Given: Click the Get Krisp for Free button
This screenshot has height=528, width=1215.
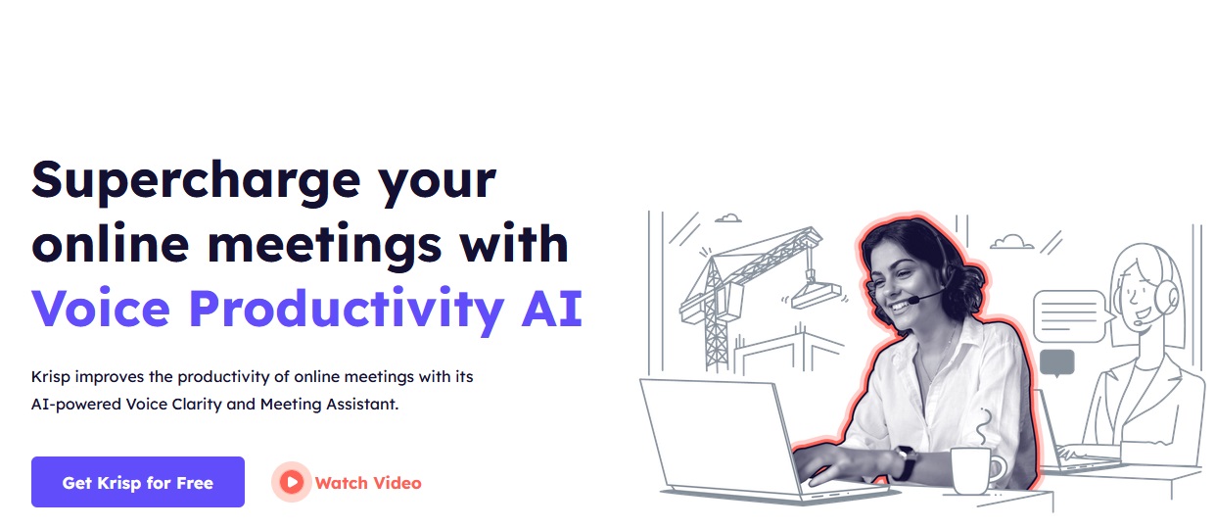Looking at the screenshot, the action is pos(138,482).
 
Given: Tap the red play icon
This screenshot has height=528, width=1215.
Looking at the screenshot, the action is pos(292,482).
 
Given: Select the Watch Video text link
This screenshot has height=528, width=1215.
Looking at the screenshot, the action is pos(368,483).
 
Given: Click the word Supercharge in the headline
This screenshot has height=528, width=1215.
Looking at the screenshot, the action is pos(196,180).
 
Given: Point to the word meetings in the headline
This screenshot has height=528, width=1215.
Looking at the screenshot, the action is pos(324,245).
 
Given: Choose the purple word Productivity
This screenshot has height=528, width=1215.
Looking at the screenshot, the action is pos(347,310).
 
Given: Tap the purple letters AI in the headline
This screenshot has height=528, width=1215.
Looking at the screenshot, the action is pos(552,308).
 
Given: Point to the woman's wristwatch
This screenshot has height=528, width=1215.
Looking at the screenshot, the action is pos(906,462).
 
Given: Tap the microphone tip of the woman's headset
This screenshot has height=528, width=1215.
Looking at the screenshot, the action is pos(912,300).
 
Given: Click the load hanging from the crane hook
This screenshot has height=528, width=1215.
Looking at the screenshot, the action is pos(816,295).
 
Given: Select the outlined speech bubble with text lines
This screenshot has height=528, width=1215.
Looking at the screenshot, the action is pos(1070,316).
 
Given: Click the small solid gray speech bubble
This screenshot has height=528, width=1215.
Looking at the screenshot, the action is pos(1057,362).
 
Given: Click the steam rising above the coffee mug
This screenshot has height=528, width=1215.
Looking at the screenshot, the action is pos(983,427).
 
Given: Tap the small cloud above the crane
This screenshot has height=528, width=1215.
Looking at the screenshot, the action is pos(727,218).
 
